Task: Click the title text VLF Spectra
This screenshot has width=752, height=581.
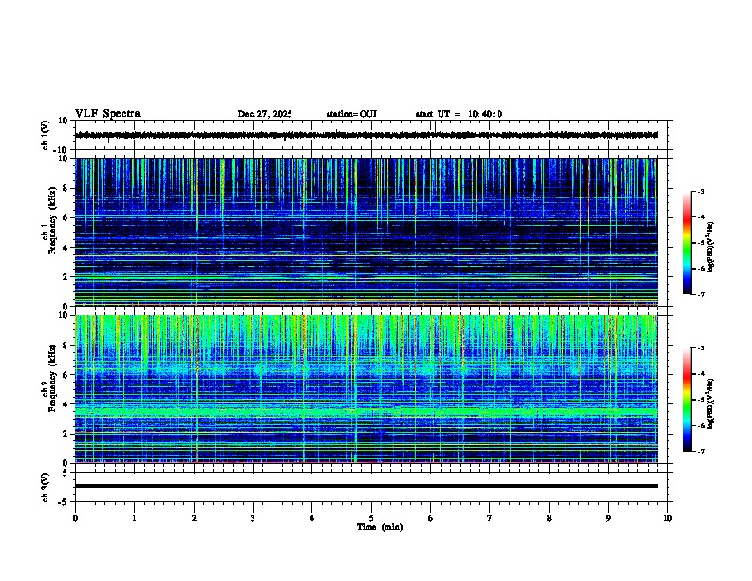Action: (x=107, y=114)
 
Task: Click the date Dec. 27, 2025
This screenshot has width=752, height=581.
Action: (x=264, y=114)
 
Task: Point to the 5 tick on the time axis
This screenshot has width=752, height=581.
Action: (x=371, y=518)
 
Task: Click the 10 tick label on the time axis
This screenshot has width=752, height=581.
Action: (x=667, y=518)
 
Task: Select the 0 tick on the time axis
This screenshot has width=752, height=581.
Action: (x=75, y=518)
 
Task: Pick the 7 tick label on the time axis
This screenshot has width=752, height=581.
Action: (x=490, y=518)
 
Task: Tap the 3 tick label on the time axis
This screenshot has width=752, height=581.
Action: (x=253, y=518)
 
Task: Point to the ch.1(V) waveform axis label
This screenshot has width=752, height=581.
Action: (x=46, y=135)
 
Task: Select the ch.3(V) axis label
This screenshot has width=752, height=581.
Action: (x=46, y=486)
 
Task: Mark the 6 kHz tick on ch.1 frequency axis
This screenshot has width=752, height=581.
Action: (x=66, y=218)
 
